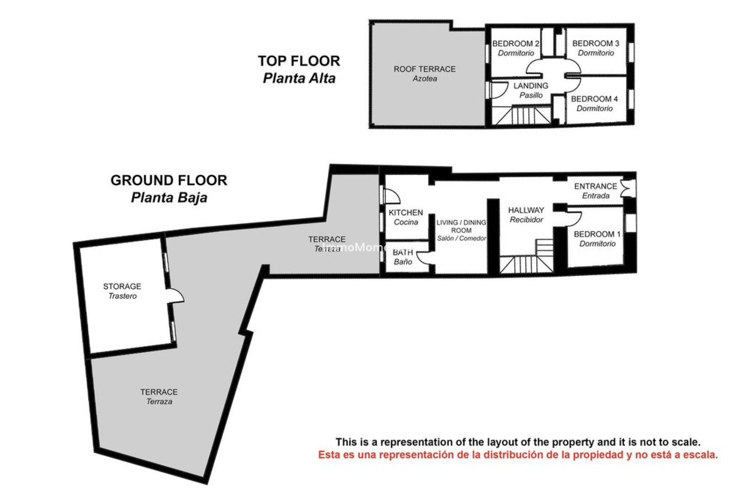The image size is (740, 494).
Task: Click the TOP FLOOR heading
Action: point(299,61)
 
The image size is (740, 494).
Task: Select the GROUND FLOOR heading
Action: point(169,180)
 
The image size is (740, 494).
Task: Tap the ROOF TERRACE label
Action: point(424,69)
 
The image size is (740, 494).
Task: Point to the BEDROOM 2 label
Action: point(516,44)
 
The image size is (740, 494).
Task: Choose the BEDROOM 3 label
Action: point(595,44)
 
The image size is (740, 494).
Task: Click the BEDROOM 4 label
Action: point(594,99)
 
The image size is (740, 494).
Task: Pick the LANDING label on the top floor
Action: point(531,86)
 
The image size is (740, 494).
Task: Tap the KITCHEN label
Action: point(406,213)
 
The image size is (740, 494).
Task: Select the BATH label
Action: point(403,252)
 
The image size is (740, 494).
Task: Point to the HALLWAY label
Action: point(526,210)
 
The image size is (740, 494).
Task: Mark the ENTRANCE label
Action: point(595,186)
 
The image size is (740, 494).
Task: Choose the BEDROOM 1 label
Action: point(597,234)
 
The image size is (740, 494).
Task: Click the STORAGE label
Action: point(122,286)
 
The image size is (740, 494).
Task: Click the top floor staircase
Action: point(522,115)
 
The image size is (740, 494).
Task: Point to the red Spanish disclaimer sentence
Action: point(518,455)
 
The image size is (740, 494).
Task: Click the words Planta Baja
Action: point(169,198)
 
